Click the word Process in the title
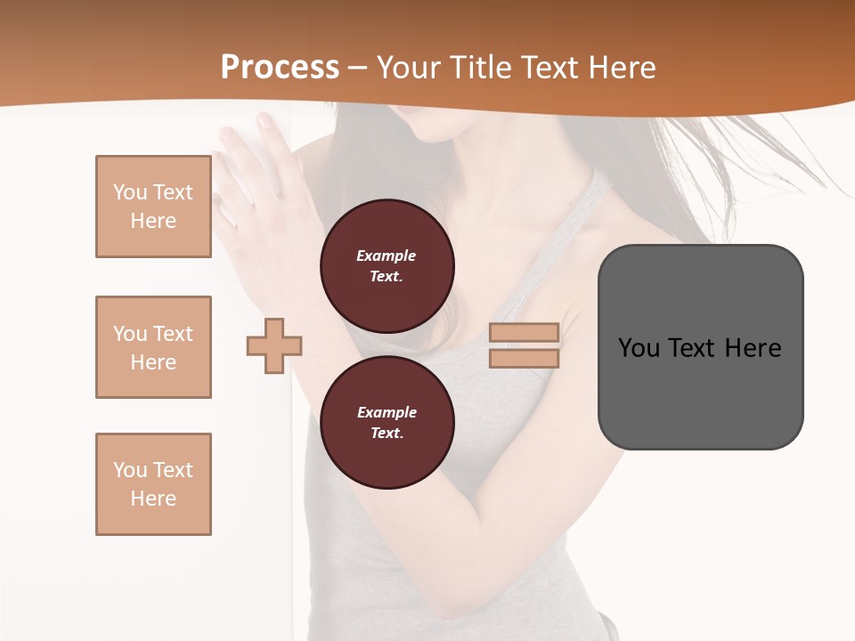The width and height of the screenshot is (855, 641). [x=280, y=68]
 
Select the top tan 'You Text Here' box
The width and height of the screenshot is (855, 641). [x=153, y=207]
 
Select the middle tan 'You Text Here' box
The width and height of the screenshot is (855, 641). [x=153, y=347]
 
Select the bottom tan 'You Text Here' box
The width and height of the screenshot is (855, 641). [x=153, y=484]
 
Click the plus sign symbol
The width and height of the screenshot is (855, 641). [x=274, y=345]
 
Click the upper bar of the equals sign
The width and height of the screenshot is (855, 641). [x=524, y=332]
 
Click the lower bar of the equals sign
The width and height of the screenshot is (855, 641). [x=524, y=358]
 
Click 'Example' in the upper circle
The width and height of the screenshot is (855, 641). [x=386, y=256]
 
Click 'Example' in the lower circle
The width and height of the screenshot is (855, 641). [x=386, y=412]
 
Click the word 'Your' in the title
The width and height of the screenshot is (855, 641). [x=407, y=68]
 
